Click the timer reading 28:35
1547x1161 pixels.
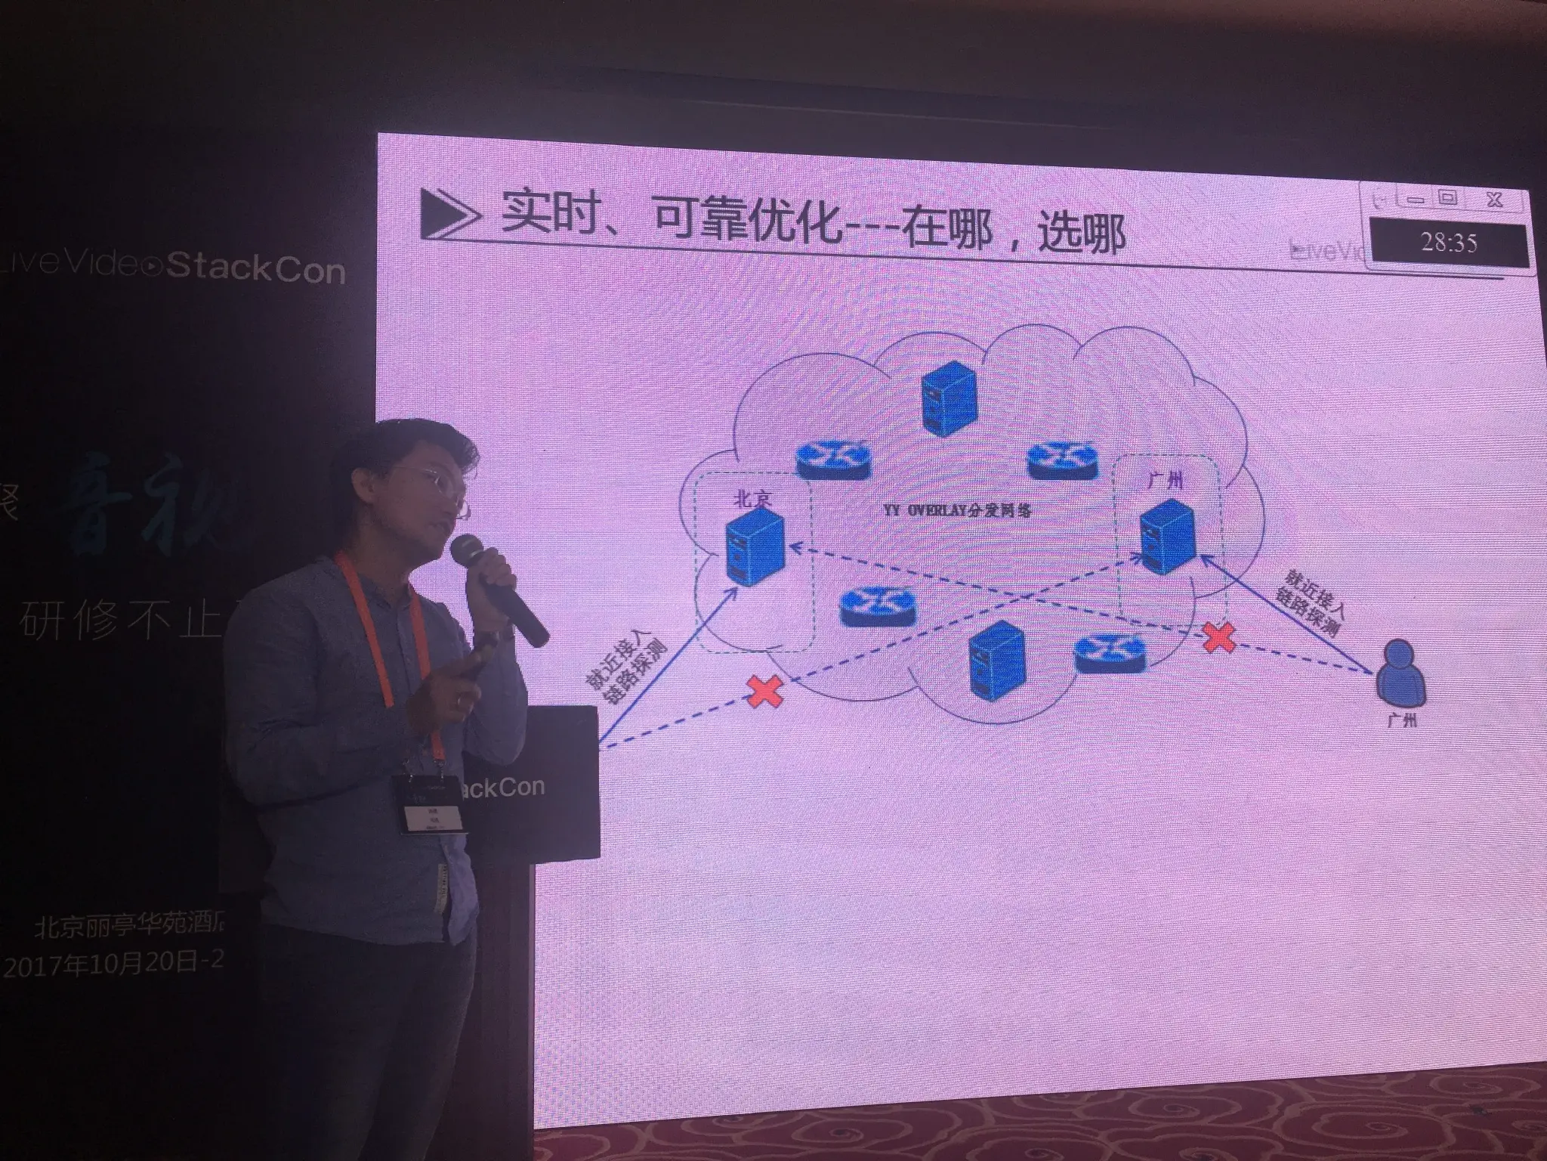(x=1448, y=243)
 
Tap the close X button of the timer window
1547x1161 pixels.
(x=1493, y=200)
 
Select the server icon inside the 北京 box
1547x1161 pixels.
(x=752, y=545)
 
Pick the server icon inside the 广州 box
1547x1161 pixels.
(x=1167, y=538)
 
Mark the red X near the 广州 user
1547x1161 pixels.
(x=1218, y=637)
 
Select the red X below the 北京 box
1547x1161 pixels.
(x=764, y=692)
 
